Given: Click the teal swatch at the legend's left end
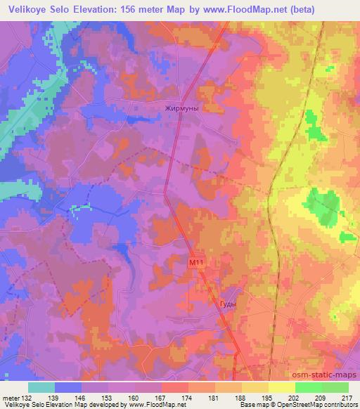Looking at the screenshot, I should tap(41, 387).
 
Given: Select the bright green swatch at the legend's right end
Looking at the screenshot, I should tap(335, 387).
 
